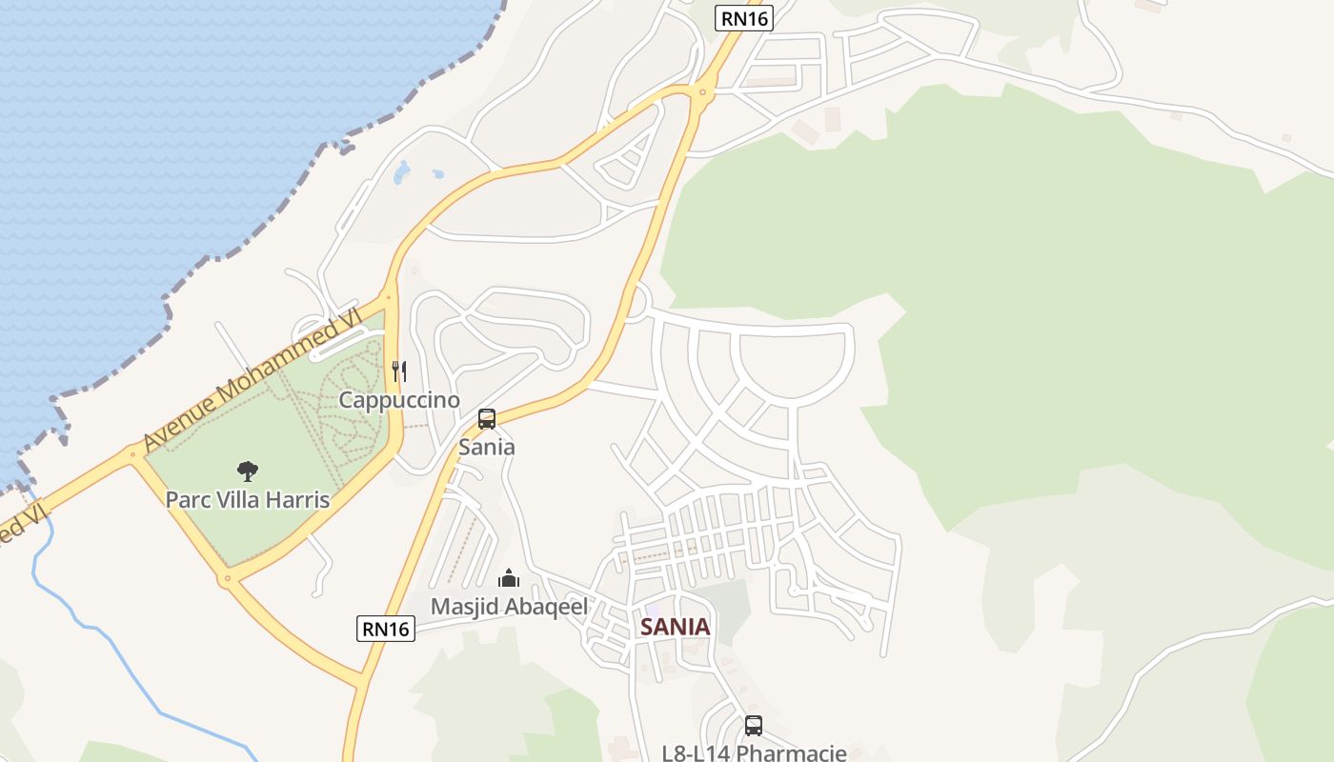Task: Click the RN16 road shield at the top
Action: click(x=744, y=17)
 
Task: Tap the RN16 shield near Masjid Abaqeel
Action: click(x=387, y=629)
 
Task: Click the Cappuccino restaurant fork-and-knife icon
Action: click(x=400, y=371)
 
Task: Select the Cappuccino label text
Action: click(x=399, y=400)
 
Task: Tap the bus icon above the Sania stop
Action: click(x=487, y=419)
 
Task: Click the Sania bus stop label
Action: click(x=487, y=447)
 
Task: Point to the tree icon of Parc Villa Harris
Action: click(x=248, y=471)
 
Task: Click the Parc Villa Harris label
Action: click(x=248, y=499)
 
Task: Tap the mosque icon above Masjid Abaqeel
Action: click(x=509, y=578)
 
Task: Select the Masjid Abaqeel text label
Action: click(x=509, y=606)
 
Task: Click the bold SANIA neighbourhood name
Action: click(x=676, y=627)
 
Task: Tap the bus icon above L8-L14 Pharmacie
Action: click(x=754, y=726)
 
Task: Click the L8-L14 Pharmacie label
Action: click(x=754, y=752)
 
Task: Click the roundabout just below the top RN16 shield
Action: click(x=704, y=91)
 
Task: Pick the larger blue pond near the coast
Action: click(x=402, y=172)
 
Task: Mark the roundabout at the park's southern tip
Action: click(x=226, y=577)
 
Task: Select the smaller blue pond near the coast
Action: click(x=437, y=174)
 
